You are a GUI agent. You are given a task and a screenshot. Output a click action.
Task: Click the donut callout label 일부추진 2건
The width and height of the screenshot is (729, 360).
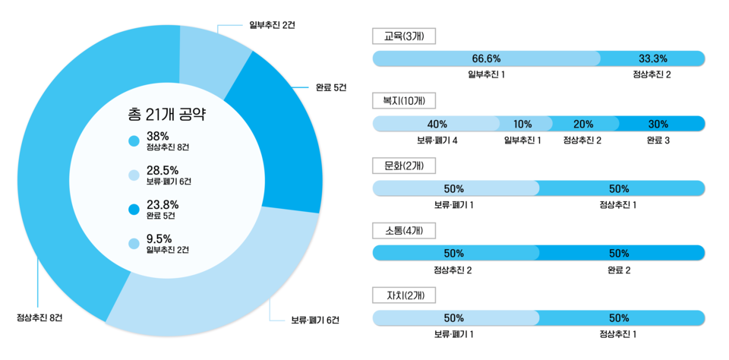[x=272, y=25]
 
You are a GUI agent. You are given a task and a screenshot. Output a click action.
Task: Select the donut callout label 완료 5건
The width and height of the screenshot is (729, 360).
[x=330, y=87]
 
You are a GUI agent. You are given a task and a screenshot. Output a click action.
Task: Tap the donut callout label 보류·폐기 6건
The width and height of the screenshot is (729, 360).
[x=315, y=319]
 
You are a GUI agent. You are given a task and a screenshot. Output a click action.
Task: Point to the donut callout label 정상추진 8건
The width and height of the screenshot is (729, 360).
[x=39, y=317]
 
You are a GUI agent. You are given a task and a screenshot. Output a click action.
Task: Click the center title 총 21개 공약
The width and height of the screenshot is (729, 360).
[x=168, y=115]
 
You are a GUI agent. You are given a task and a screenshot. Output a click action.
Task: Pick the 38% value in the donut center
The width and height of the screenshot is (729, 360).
[x=157, y=136]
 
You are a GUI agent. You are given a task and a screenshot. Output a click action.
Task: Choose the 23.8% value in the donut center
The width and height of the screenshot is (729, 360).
[x=163, y=204]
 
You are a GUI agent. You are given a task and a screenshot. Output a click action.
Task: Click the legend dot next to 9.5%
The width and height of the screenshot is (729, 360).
[x=134, y=244]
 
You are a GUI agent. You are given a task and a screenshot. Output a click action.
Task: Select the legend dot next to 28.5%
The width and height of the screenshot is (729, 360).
[x=134, y=175]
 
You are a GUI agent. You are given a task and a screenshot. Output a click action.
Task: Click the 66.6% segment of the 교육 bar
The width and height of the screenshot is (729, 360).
[x=486, y=58]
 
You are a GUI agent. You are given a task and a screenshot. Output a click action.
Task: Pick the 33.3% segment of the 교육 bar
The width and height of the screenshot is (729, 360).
[x=652, y=58]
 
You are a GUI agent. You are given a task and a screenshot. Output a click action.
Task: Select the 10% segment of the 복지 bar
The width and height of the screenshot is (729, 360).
[x=522, y=124]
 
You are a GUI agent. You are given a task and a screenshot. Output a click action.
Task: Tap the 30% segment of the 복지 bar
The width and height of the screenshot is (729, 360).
[x=658, y=124]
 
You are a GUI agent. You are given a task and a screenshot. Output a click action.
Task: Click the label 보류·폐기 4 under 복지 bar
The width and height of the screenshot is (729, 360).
[x=437, y=141]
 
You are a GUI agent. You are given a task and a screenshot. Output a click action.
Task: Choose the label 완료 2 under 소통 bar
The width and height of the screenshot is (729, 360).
[x=619, y=270]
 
